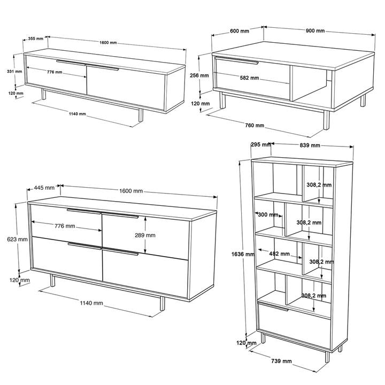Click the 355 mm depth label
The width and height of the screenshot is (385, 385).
pos(36,38)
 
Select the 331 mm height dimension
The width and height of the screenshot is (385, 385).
pos(14,72)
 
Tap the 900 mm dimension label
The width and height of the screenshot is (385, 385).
pos(315,30)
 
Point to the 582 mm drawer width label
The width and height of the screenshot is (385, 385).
pos(250,78)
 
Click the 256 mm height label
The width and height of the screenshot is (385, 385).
pos(199,75)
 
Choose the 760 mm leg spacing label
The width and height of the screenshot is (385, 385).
pos(255,126)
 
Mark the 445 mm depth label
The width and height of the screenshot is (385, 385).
pos(44,188)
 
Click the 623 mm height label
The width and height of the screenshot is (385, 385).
pos(17,239)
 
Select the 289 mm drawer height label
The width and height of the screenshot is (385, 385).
pos(145,235)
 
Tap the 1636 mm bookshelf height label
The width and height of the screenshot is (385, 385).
pos(243,254)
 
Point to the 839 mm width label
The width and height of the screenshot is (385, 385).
pos(310,145)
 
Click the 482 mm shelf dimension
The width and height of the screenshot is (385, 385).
pos(280,253)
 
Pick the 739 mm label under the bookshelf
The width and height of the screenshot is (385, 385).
pos(281,361)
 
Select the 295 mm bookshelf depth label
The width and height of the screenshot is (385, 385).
pos(261,144)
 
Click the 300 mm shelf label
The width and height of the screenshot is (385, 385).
pos(268,215)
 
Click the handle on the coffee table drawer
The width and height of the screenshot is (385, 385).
pos(237,60)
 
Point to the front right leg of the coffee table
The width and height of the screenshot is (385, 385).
pos(326,120)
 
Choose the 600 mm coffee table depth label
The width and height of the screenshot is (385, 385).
pos(240,31)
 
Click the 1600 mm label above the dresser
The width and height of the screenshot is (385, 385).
pos(131,191)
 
